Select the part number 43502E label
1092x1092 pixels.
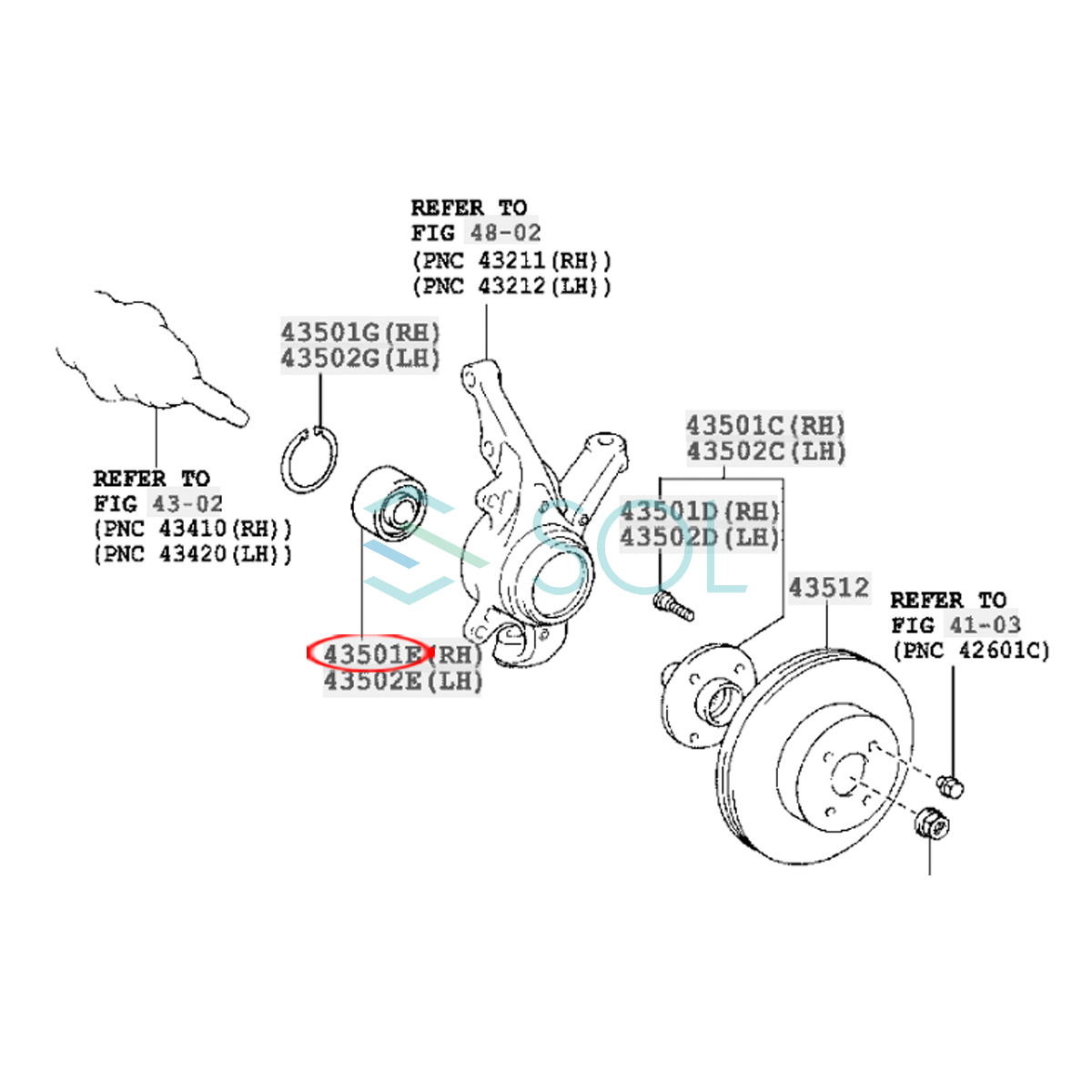coord(373,681)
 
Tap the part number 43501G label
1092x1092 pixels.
coord(329,331)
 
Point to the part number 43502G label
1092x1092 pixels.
coord(329,358)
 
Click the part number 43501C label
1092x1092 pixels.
coord(735,425)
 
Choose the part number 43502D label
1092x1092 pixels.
coord(670,537)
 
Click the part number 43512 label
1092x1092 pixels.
coord(829,587)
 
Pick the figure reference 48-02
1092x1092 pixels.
coord(505,233)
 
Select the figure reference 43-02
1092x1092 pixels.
coord(187,503)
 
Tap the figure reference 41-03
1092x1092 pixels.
coord(986,625)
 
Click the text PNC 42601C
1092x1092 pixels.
coord(971,651)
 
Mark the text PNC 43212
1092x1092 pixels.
coord(511,286)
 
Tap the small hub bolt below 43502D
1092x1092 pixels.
coord(673,604)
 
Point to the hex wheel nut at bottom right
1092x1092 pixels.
coord(930,824)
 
